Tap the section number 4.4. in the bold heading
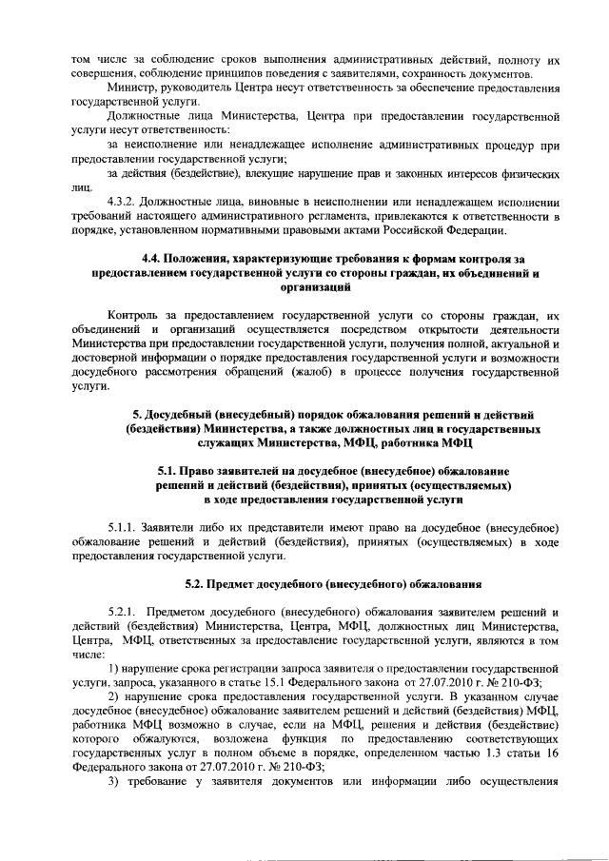(153, 259)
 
